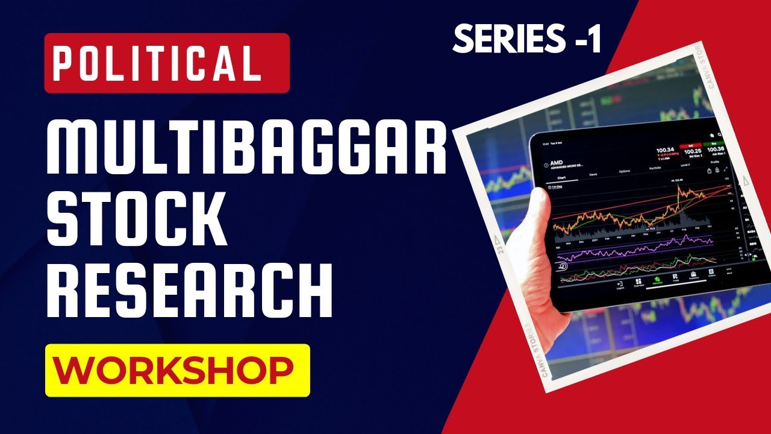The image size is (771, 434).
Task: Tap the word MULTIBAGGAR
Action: (246, 146)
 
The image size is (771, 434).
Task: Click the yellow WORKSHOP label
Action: (177, 370)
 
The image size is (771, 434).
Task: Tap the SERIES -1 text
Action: (527, 39)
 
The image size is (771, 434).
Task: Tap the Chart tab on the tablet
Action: (561, 178)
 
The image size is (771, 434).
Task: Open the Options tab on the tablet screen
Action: (625, 171)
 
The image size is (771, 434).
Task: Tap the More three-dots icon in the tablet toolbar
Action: (729, 269)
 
